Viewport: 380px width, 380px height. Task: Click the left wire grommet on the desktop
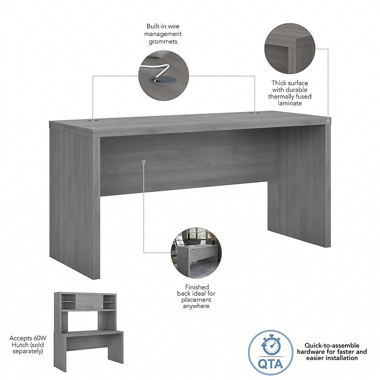(93, 120)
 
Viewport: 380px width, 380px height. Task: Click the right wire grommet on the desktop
(255, 112)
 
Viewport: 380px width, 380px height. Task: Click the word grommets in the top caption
(163, 42)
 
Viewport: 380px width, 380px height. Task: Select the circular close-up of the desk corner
(289, 49)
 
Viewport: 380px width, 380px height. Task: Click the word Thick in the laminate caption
(279, 83)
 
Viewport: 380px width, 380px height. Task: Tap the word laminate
(290, 103)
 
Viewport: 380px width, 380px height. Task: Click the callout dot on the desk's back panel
(144, 162)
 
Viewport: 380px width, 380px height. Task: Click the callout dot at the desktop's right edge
(328, 121)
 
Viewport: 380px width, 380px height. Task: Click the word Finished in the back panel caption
(197, 287)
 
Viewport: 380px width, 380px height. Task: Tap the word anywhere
(196, 306)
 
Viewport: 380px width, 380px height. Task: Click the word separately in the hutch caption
(28, 352)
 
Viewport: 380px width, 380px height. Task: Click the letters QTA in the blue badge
(271, 364)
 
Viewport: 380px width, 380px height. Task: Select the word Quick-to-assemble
(332, 346)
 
